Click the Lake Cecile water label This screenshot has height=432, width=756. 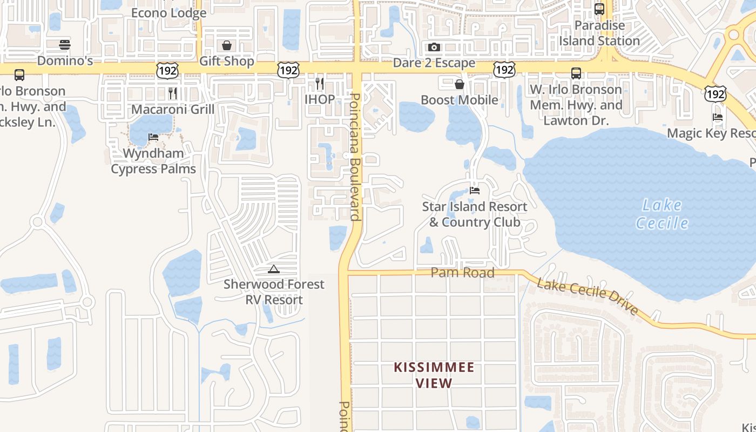[x=662, y=214]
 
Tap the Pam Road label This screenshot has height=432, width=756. [x=463, y=273]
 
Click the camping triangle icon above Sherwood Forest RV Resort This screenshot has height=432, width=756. [x=274, y=269]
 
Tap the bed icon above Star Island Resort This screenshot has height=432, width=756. [x=475, y=191]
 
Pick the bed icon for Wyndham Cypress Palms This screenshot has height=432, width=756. [x=153, y=137]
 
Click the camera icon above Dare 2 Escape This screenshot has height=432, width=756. [x=434, y=48]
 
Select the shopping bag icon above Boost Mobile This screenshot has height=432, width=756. [x=460, y=84]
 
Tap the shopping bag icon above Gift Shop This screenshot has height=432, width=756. [x=227, y=45]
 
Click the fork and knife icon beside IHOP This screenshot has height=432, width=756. [x=320, y=83]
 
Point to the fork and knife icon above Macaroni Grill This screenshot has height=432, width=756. [x=173, y=93]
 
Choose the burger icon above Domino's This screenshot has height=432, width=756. [x=65, y=45]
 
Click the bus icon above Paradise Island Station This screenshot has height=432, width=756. [x=599, y=9]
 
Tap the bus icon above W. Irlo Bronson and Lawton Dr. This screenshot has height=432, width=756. [x=576, y=73]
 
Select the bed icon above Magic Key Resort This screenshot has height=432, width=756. [x=718, y=117]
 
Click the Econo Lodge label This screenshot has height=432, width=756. [x=168, y=13]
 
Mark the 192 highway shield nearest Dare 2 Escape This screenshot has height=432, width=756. [x=504, y=70]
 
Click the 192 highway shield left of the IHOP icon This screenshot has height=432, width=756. [x=289, y=70]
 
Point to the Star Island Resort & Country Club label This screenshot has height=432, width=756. [x=475, y=214]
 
